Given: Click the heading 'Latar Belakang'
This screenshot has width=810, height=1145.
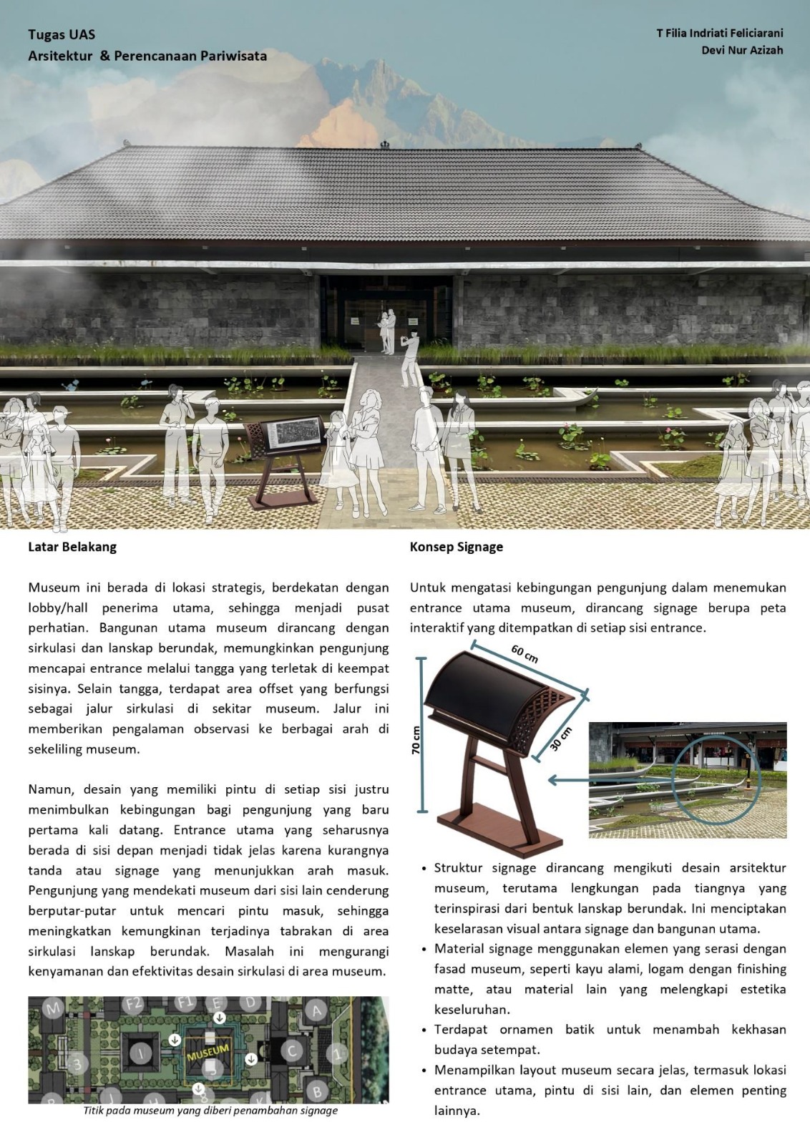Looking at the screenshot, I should click(x=72, y=547).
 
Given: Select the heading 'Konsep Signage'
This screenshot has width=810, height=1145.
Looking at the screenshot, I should click(x=456, y=547).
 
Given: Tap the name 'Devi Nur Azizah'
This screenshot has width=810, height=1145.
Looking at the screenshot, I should click(x=742, y=50).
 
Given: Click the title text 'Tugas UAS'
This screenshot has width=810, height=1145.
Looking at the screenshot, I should click(x=62, y=34).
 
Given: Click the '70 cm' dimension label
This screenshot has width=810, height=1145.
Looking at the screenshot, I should click(x=416, y=740).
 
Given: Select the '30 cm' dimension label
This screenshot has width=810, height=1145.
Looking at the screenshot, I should click(x=562, y=739).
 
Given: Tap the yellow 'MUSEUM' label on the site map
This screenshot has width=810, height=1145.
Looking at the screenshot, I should click(x=208, y=1053).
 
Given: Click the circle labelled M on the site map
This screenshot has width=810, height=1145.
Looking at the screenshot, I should click(x=53, y=1008).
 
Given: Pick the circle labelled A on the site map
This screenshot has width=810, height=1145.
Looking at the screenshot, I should click(x=316, y=1010).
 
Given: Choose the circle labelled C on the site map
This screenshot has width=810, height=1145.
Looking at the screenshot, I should click(x=291, y=1051).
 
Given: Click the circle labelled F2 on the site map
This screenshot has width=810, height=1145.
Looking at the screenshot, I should click(x=134, y=1003).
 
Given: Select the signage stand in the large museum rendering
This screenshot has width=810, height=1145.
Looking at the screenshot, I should click(x=283, y=458).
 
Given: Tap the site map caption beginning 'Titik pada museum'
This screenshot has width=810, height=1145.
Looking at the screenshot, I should click(x=210, y=1111).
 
